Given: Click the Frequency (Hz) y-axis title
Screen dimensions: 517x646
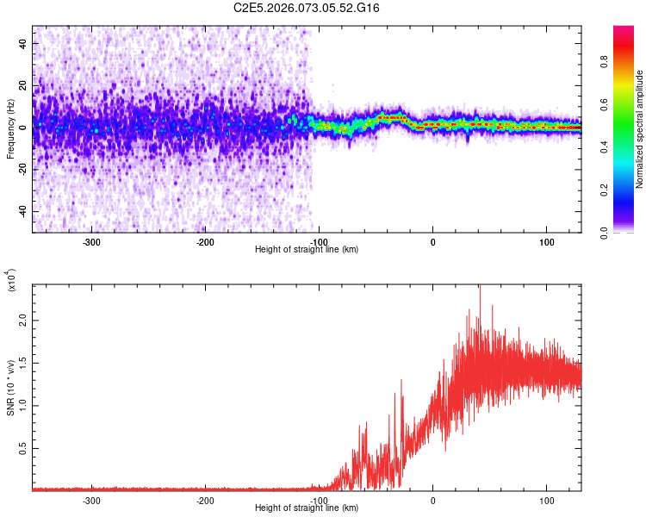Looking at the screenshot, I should (11, 128).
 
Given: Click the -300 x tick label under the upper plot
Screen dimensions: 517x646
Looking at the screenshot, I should (90, 241).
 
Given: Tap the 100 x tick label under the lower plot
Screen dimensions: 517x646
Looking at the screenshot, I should (546, 500).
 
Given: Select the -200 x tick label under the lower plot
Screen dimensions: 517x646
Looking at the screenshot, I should (204, 500).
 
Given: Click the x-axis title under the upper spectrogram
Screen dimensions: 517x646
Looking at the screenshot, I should (307, 250).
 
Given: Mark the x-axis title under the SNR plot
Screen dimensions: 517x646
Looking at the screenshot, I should (307, 508).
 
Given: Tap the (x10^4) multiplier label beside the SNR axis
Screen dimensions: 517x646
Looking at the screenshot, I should (11, 281).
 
